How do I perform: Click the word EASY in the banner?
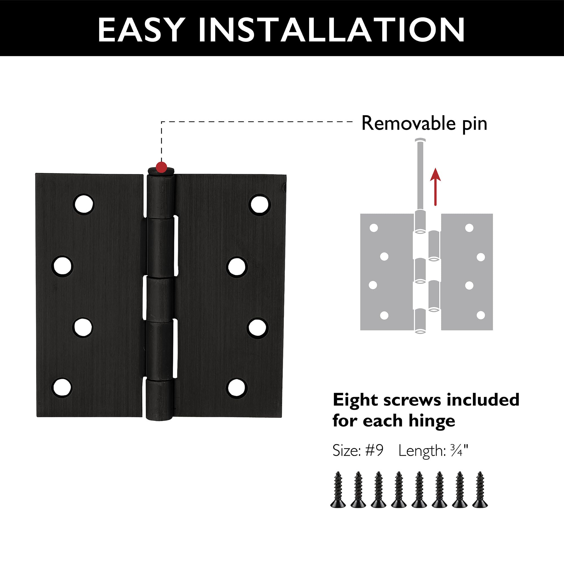tap(141, 30)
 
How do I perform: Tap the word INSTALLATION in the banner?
tap(332, 30)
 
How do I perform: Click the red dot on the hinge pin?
tap(161, 167)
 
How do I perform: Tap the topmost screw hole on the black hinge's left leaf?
tap(84, 204)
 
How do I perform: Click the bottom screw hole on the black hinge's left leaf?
tap(62, 387)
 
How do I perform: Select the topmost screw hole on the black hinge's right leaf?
tap(259, 204)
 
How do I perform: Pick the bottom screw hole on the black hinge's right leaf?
tap(237, 387)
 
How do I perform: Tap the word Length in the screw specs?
tap(421, 451)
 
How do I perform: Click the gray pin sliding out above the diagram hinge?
tap(420, 175)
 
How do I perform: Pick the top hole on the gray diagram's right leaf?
tap(469, 228)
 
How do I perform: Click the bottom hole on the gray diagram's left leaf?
tap(384, 315)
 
